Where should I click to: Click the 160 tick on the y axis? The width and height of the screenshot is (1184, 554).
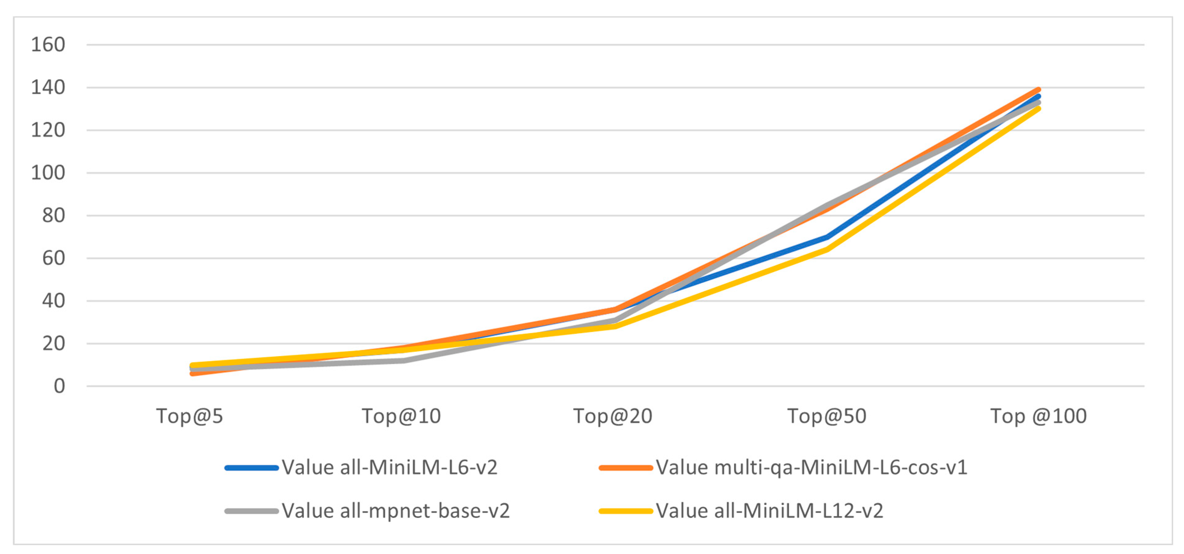[x=48, y=45]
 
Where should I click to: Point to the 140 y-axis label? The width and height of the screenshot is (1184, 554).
[x=48, y=87]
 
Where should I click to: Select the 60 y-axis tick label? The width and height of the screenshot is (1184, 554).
[x=53, y=258]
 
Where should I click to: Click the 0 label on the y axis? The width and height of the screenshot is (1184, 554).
[x=59, y=386]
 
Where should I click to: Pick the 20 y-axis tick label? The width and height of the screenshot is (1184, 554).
[x=53, y=343]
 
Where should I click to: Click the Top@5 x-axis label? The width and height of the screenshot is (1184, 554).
[x=189, y=416]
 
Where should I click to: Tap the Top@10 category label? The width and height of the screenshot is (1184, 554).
[x=401, y=416]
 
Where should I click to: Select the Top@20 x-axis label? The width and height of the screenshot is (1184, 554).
[x=613, y=416]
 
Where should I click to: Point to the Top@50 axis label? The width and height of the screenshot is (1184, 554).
[x=826, y=416]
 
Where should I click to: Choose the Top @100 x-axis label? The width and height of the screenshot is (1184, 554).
[x=1038, y=416]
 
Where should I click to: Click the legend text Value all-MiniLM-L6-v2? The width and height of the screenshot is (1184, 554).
[x=389, y=468]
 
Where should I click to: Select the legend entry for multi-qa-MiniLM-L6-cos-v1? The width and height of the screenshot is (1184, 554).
[x=811, y=468]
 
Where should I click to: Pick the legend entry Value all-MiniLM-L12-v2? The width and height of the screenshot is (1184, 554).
[x=769, y=511]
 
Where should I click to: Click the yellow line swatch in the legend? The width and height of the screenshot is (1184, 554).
[x=625, y=511]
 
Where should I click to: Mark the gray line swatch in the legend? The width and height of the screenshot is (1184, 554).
[x=252, y=511]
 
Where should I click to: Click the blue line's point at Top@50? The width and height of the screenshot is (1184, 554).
[x=827, y=237]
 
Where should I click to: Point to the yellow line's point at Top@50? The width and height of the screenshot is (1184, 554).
[x=827, y=249]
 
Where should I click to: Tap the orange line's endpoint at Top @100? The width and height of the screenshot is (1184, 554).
[x=1038, y=90]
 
